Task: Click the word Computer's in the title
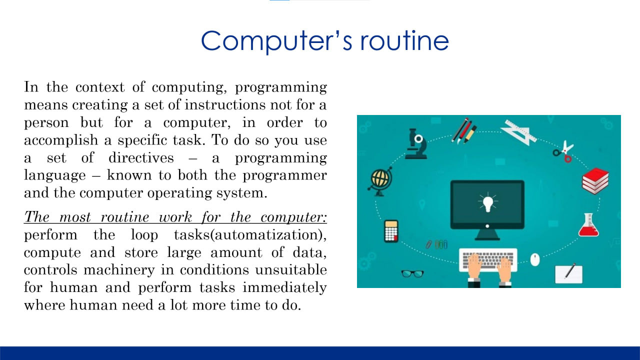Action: (x=276, y=41)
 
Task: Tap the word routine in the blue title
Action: (x=404, y=41)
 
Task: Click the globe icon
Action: (x=380, y=181)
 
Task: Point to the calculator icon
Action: (x=391, y=231)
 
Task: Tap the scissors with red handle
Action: (x=563, y=151)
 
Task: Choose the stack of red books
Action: (x=595, y=181)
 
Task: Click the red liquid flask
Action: (x=588, y=225)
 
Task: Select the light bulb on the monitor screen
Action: (x=487, y=202)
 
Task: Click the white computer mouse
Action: (x=535, y=259)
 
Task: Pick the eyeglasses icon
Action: (x=412, y=273)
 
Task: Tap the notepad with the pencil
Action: (x=568, y=273)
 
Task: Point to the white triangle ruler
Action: (x=519, y=132)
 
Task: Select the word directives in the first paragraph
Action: (x=141, y=158)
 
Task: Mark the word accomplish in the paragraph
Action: (x=61, y=140)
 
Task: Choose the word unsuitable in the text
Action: (x=291, y=270)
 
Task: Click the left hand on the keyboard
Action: (x=474, y=269)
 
